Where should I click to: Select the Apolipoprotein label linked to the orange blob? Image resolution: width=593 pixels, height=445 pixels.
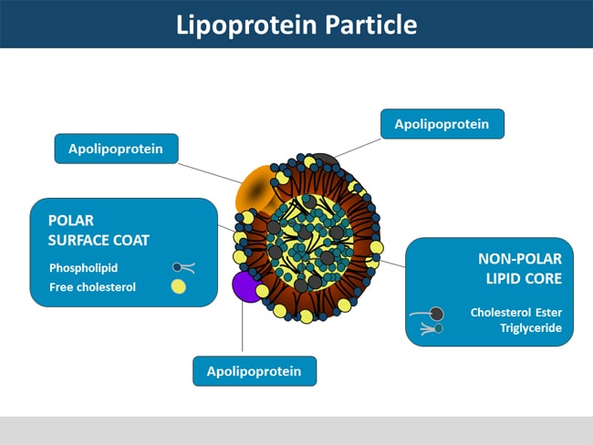[x=116, y=149]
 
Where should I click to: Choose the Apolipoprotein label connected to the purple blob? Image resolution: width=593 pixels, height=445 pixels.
[x=255, y=371]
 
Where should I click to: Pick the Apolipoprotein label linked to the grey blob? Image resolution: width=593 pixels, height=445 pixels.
[x=442, y=124]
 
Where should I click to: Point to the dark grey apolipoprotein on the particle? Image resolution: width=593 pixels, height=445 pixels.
[x=325, y=164]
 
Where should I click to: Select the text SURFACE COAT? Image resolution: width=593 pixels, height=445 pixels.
[x=99, y=240]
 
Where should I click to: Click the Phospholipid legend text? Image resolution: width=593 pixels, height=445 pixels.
[x=85, y=268]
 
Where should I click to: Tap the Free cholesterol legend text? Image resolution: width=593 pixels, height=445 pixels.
[x=92, y=287]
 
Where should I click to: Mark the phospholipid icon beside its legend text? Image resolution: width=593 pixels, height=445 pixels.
[x=182, y=268]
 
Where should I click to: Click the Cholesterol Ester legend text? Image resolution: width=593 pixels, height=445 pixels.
[x=515, y=312]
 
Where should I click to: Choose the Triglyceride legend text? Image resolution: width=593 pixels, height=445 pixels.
[x=529, y=328]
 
